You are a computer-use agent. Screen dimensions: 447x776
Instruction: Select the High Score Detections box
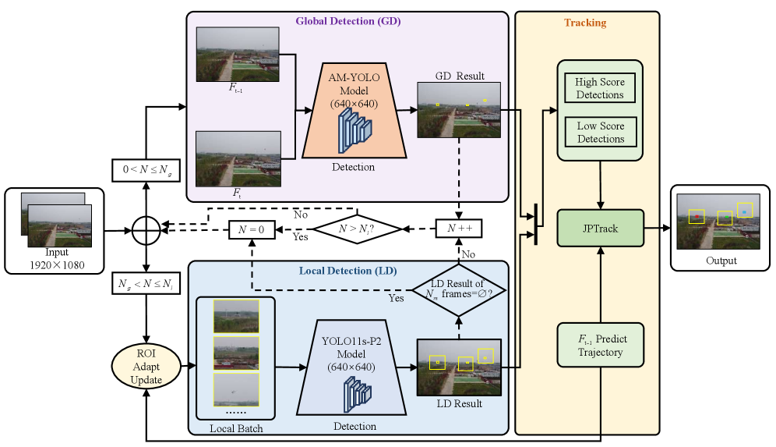tap(600, 88)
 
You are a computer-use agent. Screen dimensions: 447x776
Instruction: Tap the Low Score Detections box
tap(600, 132)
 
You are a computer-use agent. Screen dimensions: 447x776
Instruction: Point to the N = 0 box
tap(252, 229)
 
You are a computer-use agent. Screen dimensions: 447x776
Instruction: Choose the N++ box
tap(459, 229)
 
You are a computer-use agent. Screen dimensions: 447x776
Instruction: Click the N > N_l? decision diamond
tap(355, 229)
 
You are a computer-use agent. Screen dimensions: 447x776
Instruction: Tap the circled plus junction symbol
tap(146, 230)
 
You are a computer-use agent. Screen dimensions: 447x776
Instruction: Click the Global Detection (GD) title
tap(347, 22)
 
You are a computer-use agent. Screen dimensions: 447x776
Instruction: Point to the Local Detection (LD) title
tap(348, 271)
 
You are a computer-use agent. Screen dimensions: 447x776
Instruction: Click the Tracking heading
tap(585, 23)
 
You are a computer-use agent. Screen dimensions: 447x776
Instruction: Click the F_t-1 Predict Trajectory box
tap(601, 345)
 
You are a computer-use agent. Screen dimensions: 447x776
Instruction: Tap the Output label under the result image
tap(720, 261)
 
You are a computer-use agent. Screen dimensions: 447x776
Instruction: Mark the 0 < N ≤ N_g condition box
tap(146, 169)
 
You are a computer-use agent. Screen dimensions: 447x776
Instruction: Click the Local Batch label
tap(236, 428)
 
